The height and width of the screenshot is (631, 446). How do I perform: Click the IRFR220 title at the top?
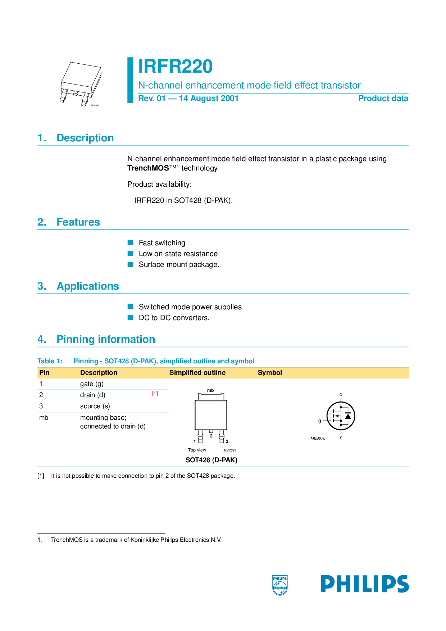(175, 67)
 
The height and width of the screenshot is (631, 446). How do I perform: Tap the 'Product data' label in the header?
(383, 99)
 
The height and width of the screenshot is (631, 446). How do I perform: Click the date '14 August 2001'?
(209, 99)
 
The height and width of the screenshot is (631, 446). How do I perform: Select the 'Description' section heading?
(85, 138)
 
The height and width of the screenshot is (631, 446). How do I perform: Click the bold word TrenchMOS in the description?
(148, 168)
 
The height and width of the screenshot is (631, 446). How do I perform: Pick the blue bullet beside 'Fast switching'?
(130, 243)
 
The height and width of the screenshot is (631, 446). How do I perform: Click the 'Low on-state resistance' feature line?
(178, 254)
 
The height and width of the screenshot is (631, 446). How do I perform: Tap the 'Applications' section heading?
(88, 286)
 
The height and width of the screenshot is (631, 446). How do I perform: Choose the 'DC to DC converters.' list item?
(174, 318)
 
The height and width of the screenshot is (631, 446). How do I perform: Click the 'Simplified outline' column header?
(197, 373)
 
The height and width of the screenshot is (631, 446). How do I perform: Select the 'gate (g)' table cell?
(92, 384)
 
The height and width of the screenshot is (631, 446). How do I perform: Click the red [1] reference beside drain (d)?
(155, 394)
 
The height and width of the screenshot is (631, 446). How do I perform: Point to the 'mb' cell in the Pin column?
(44, 418)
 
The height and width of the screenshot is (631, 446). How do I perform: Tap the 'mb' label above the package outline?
(210, 390)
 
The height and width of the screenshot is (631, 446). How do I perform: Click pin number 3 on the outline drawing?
(227, 441)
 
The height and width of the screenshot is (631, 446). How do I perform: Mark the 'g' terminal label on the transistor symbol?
(319, 421)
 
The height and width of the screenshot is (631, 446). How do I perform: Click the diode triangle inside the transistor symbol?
(348, 416)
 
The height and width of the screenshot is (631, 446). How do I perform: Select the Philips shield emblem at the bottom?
(280, 585)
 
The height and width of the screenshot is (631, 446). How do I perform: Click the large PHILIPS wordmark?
(365, 584)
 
